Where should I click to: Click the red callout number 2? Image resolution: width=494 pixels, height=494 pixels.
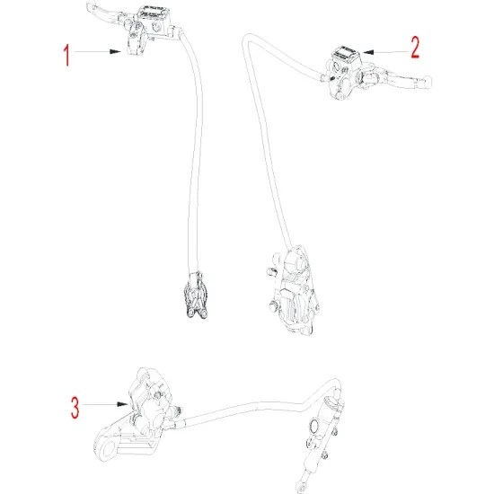pyautogui.click(x=415, y=48)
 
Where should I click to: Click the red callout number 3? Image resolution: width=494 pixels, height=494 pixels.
pyautogui.click(x=75, y=407)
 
